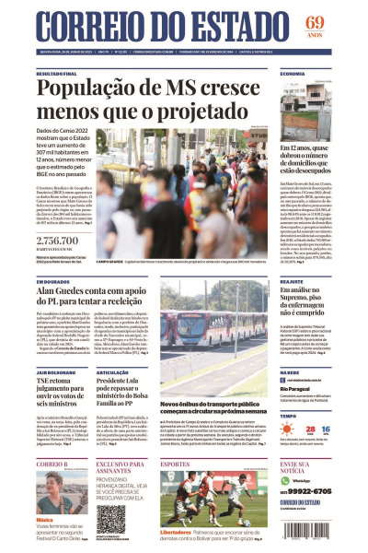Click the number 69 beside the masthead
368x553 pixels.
340,22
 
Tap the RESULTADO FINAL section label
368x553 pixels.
57,73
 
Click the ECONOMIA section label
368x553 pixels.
293,73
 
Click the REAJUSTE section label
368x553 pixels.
292,281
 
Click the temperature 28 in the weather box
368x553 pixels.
313,429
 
